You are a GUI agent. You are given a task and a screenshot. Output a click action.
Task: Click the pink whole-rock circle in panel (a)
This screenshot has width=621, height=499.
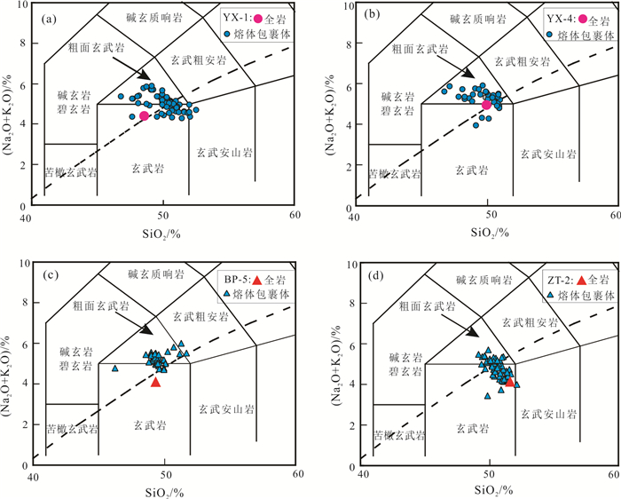tap(145, 115)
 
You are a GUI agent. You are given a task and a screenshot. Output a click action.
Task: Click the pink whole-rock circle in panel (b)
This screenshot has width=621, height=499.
tap(487, 105)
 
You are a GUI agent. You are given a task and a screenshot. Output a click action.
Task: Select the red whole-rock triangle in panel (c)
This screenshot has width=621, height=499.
tap(156, 382)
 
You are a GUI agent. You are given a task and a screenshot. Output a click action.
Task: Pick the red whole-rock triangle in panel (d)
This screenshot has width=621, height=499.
tap(509, 382)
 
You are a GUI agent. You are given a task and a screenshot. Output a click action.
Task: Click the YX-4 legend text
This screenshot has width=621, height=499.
tap(560, 18)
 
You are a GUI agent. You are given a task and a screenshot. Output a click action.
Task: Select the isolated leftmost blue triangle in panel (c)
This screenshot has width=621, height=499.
tap(114, 368)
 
